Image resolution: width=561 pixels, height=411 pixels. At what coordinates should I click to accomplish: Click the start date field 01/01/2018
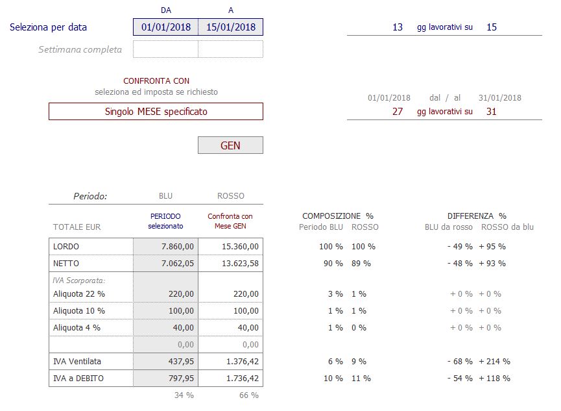[165, 27]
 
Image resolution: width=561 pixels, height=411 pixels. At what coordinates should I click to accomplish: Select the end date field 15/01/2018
[231, 27]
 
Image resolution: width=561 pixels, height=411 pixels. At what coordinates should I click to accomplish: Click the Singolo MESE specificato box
[156, 112]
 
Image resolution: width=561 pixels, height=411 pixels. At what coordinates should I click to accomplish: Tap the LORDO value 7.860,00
[178, 247]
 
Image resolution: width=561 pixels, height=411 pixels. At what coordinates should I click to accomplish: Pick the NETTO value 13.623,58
[240, 264]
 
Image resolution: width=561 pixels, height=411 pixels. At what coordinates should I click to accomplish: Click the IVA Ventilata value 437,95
[181, 361]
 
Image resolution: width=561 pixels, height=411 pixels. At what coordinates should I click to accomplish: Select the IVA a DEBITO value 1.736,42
[242, 378]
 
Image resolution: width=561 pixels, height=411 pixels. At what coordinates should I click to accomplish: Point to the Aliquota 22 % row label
[79, 294]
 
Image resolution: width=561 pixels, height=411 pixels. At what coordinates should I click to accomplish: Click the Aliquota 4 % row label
[77, 327]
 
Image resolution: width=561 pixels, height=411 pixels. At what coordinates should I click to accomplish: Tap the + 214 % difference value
[494, 361]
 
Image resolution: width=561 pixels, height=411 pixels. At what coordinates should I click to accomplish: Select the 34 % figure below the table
[184, 395]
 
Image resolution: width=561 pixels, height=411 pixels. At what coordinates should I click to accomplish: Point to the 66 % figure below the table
[249, 395]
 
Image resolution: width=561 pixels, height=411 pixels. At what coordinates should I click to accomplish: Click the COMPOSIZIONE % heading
[338, 216]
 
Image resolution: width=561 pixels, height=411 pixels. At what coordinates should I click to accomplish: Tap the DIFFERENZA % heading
[477, 216]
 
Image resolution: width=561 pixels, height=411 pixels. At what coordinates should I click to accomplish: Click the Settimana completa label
[80, 49]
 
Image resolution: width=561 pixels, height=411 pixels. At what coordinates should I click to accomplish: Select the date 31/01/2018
[500, 98]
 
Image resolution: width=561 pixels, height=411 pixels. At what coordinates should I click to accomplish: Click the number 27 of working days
[398, 112]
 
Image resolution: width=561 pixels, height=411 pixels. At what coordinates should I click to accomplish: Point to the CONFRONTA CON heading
[156, 81]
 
